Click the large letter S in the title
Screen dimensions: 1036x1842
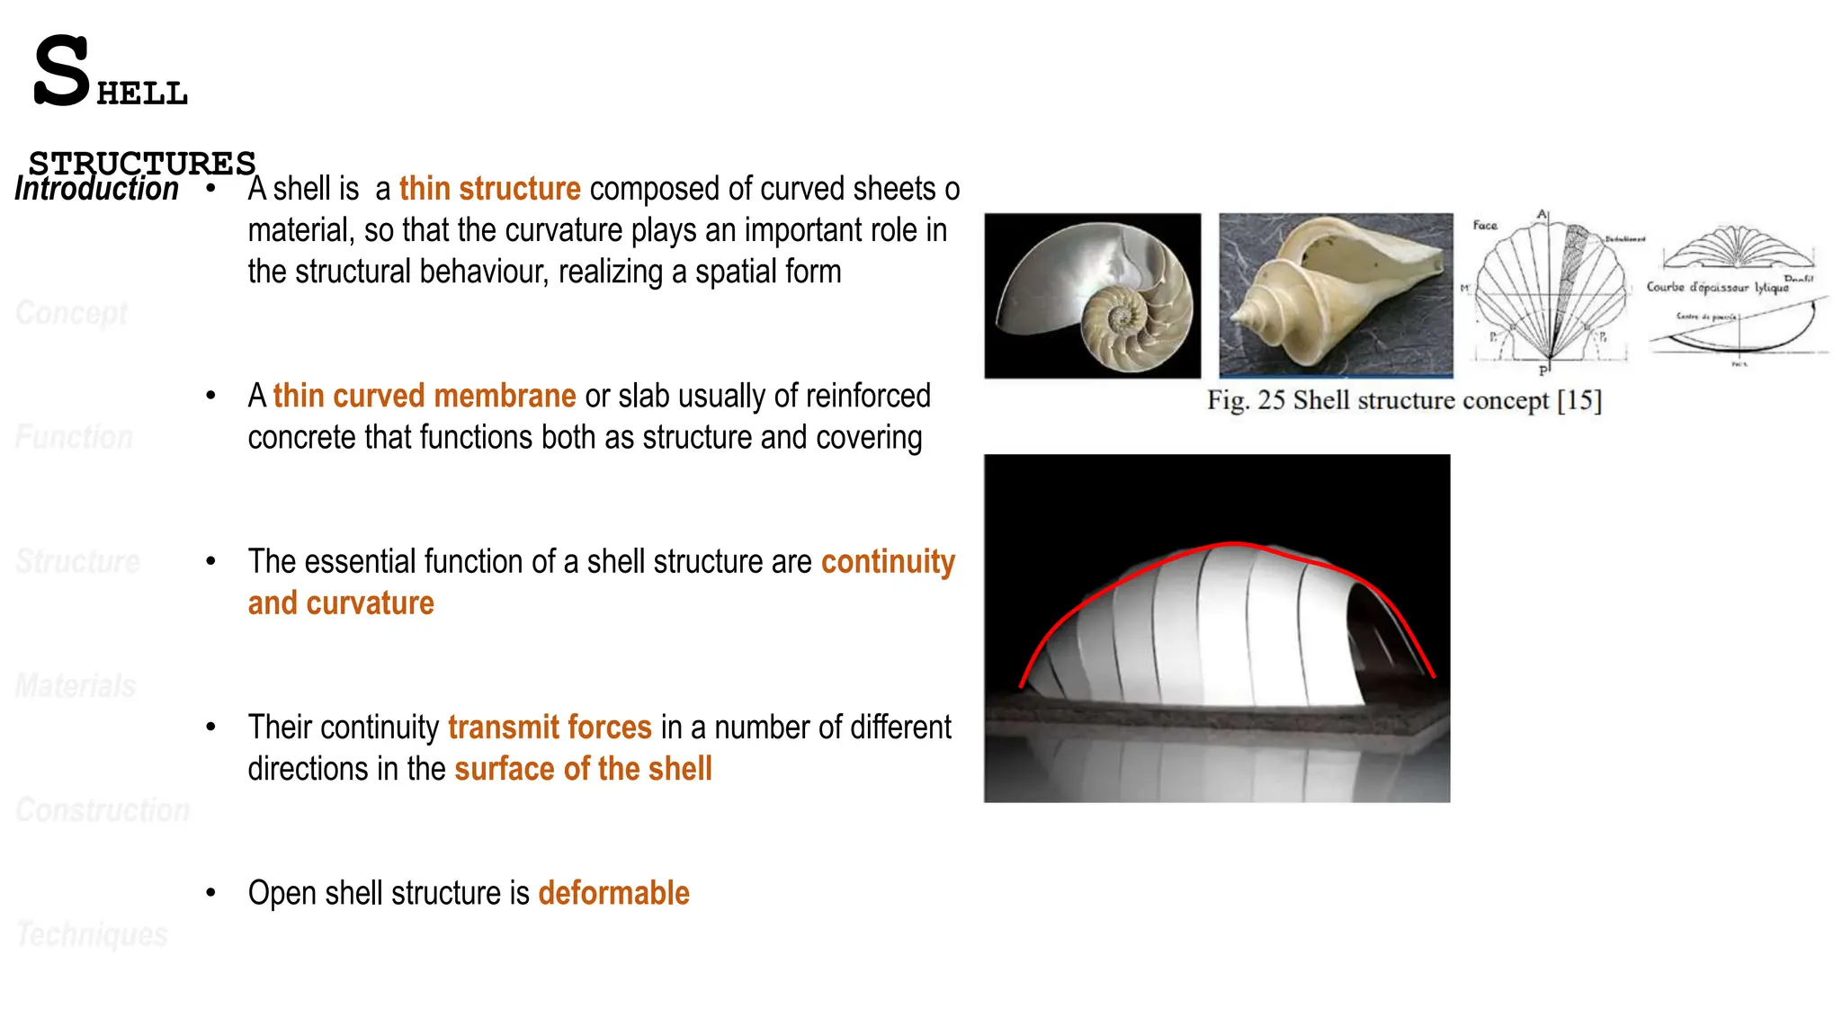61,72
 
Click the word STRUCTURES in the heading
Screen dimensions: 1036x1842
142,164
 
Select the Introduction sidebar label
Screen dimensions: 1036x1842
96,190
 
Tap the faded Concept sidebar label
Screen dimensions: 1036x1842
72,313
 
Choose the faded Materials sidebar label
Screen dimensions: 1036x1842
76,686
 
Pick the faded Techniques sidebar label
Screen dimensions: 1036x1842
92,934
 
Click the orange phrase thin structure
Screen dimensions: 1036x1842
489,190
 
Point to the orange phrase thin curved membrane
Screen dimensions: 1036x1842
424,397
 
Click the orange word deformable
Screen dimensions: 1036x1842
613,894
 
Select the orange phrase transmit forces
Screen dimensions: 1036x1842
550,728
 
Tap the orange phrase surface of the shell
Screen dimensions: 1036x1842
583,770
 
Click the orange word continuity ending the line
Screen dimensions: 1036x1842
888,562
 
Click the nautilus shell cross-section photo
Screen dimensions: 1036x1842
1092,296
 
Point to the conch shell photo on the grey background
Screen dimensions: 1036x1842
1336,296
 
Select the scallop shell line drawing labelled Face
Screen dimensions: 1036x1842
1549,292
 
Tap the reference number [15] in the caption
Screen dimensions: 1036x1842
1579,401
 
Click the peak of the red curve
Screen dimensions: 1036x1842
1236,543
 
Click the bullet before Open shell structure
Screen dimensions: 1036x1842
210,893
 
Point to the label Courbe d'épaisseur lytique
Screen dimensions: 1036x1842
1716,288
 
